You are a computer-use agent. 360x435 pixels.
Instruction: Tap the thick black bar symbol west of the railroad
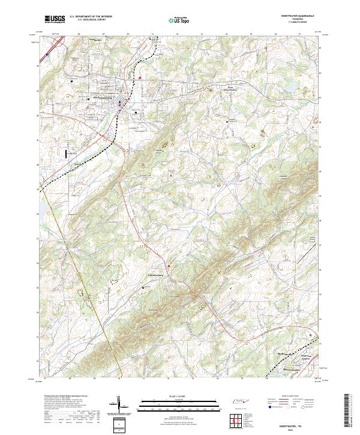(x=63, y=154)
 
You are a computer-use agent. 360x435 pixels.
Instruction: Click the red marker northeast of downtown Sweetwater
(x=140, y=77)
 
